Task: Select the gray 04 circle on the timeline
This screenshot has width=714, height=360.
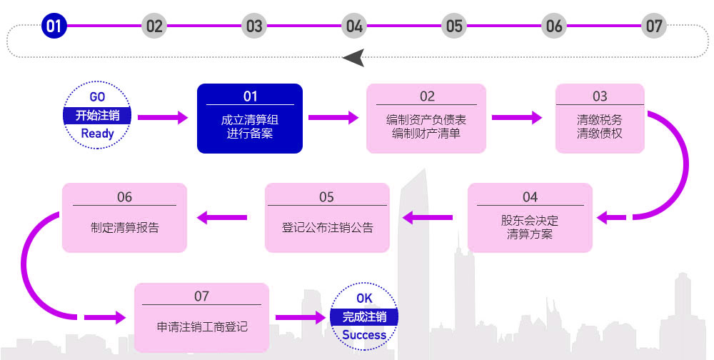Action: coord(354,26)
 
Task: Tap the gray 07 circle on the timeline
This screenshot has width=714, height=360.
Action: coord(654,26)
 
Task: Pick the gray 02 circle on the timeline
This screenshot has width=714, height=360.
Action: coord(154,26)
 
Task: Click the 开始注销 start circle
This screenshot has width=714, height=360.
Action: coord(97,115)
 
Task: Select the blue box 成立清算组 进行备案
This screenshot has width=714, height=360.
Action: coord(250,119)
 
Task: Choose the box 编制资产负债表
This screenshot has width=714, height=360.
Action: coord(426,119)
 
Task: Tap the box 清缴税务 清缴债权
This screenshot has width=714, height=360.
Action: coord(600,119)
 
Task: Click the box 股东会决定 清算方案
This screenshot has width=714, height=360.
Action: coord(530,218)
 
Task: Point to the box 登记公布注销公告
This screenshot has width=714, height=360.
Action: coord(327,218)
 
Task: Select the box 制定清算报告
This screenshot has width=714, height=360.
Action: coord(124,218)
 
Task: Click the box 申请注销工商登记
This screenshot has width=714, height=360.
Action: coord(202,318)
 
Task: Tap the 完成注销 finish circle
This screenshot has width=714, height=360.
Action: coord(364,316)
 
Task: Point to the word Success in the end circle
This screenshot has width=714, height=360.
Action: coord(364,335)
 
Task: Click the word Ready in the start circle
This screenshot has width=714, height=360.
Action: coord(97,134)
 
